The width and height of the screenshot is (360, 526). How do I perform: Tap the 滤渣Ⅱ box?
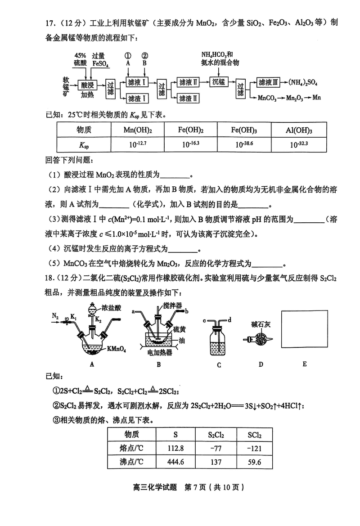189,98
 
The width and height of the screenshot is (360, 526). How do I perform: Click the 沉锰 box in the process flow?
219,82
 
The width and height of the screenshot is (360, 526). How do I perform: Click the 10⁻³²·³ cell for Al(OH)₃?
299,144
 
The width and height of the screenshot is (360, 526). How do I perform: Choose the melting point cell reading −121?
255,448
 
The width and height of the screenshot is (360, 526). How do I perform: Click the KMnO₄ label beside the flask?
116,348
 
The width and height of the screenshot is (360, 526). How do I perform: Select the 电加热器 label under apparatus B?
159,353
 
